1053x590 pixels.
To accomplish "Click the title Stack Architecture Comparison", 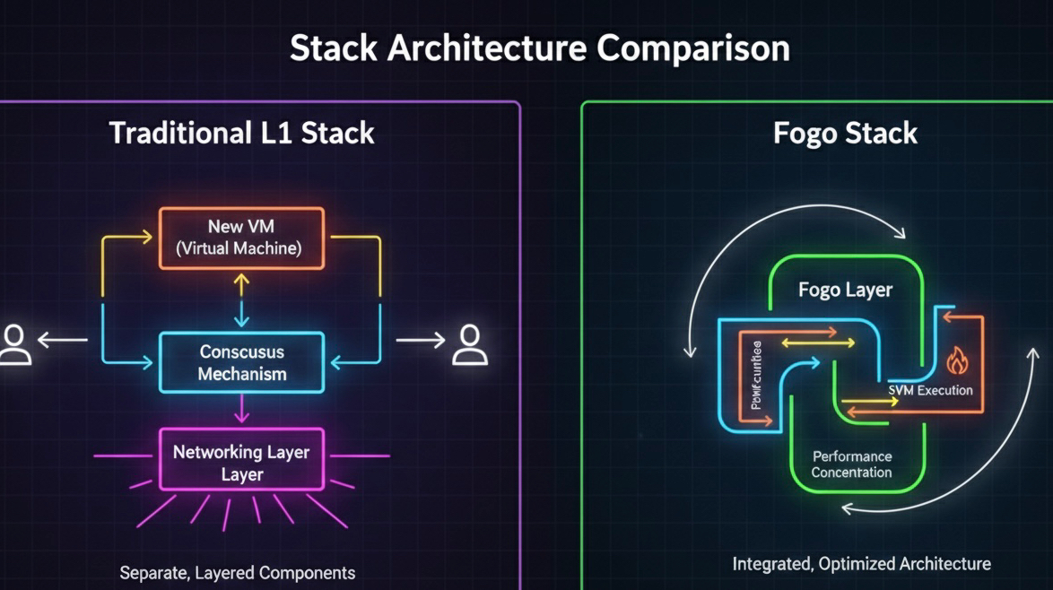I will point(539,48).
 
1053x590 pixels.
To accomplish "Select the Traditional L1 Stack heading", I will point(241,134).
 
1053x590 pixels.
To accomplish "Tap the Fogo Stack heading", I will point(845,134).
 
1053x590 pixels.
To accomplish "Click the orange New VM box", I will point(241,238).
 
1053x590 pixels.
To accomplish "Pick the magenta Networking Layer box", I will point(241,459).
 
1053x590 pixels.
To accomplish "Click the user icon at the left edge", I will point(14,343).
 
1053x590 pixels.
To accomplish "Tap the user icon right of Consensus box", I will point(469,343).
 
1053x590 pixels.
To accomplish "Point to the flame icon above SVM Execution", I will point(958,361).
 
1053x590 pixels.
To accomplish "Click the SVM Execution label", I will point(930,390).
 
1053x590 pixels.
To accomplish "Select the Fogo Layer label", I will point(845,291).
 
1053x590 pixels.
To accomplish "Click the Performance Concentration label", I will point(851,464).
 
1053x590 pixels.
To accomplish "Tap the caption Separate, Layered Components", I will point(238,572).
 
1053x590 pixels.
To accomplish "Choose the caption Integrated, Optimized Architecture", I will point(861,564).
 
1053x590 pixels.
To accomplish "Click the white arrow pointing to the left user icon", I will point(63,340).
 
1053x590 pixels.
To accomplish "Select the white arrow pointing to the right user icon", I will point(420,340).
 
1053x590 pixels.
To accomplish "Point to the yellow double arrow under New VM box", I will point(240,299).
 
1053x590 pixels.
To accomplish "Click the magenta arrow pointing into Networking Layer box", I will point(240,409).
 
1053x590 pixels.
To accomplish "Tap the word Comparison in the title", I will point(694,48).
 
